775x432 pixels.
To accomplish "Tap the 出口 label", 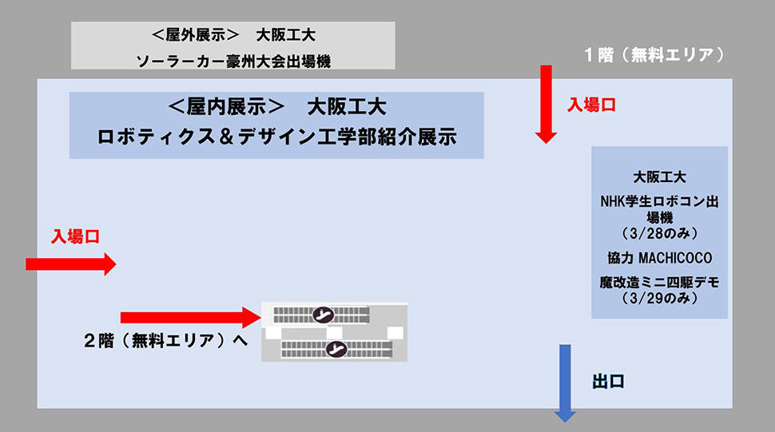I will click(608, 382).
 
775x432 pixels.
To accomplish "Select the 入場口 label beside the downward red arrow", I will click(592, 105).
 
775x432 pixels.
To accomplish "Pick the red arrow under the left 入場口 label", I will click(71, 264).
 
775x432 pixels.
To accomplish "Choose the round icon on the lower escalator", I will click(336, 347).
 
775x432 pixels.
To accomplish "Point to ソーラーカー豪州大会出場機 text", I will click(233, 60).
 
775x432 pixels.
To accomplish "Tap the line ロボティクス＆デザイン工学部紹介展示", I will click(276, 137).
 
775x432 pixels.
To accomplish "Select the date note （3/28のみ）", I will click(659, 233).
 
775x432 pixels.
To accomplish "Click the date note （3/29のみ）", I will click(659, 298).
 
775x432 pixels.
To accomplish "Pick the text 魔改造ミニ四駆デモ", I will click(659, 282).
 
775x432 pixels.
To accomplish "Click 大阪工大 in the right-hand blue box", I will click(659, 177).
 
